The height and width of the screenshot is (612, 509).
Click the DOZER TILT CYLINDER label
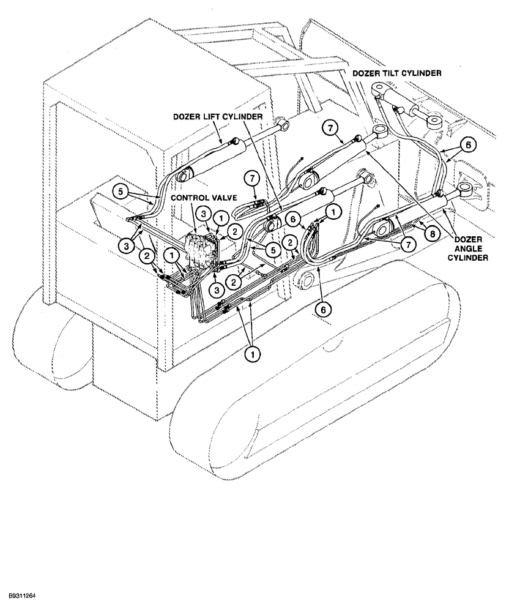pos(397,73)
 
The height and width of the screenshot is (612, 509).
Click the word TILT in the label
pos(392,73)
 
